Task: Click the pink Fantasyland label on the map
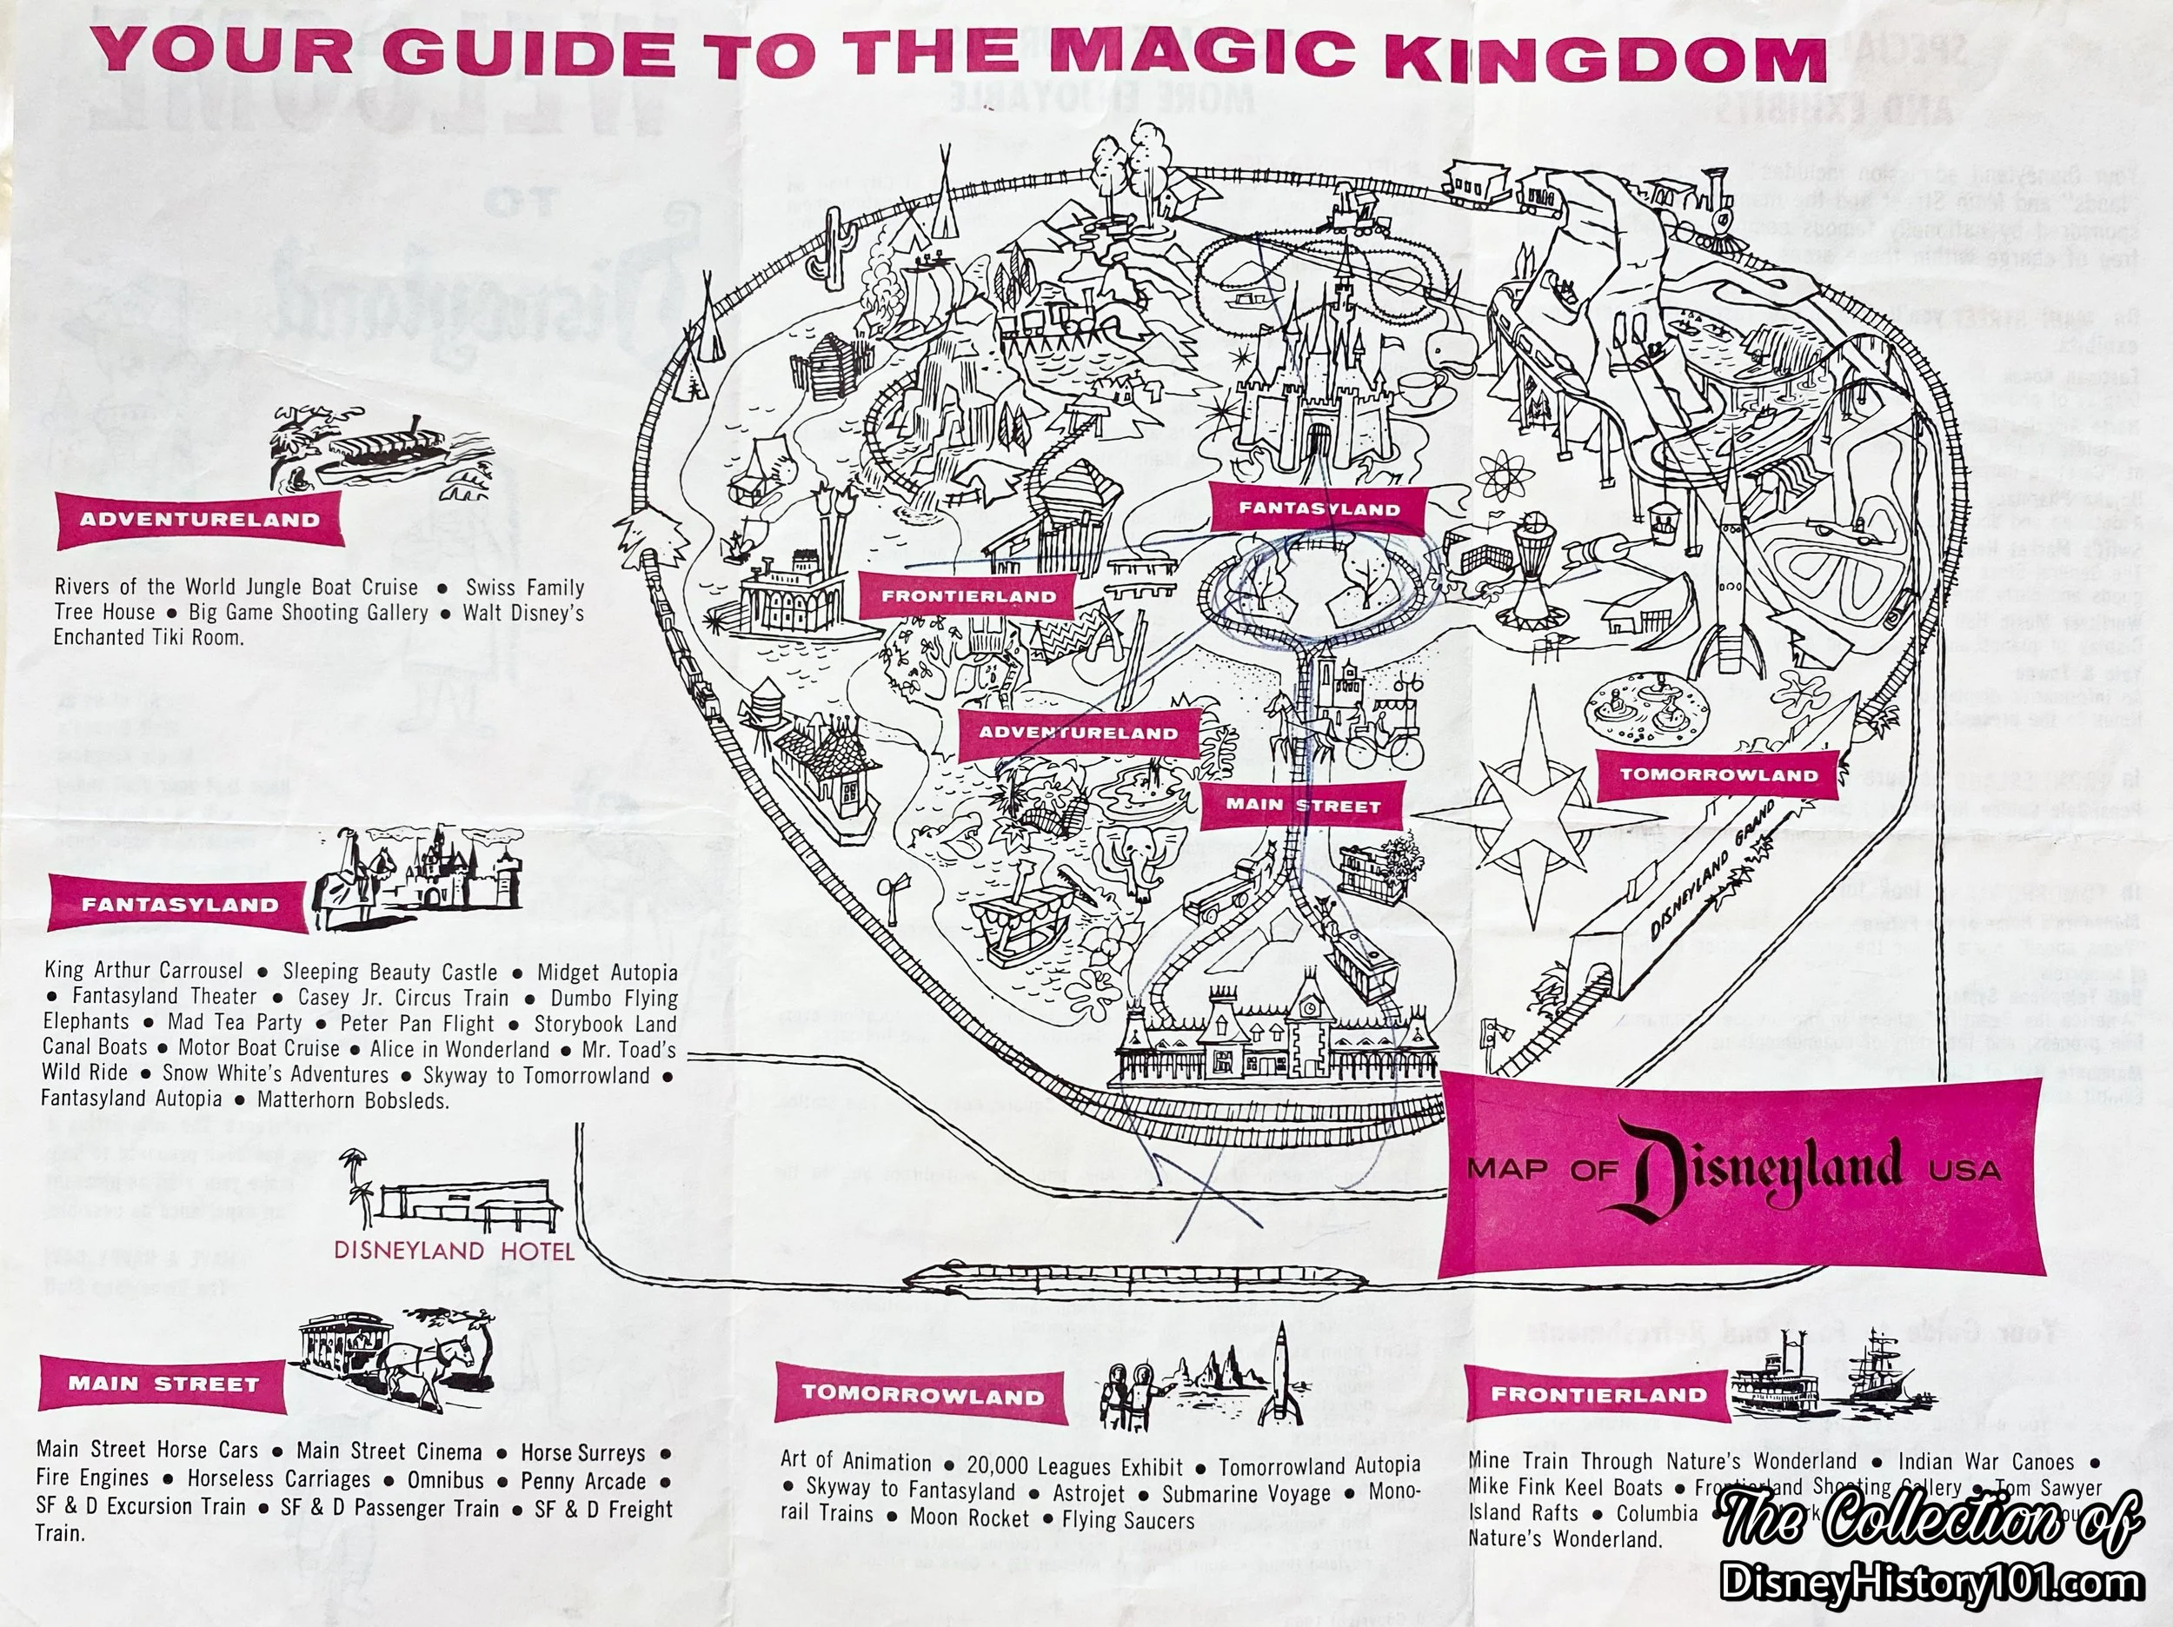click(x=1318, y=508)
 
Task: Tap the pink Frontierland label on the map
click(x=967, y=595)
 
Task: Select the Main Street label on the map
click(x=1303, y=806)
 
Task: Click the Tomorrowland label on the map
click(x=1718, y=774)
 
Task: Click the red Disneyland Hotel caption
click(x=454, y=1250)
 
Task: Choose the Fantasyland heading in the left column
click(x=180, y=904)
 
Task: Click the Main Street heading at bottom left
click(x=163, y=1385)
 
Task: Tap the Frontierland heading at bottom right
click(x=1598, y=1394)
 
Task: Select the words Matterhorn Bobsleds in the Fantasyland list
click(x=353, y=1100)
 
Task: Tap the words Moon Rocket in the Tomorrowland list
click(x=968, y=1518)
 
